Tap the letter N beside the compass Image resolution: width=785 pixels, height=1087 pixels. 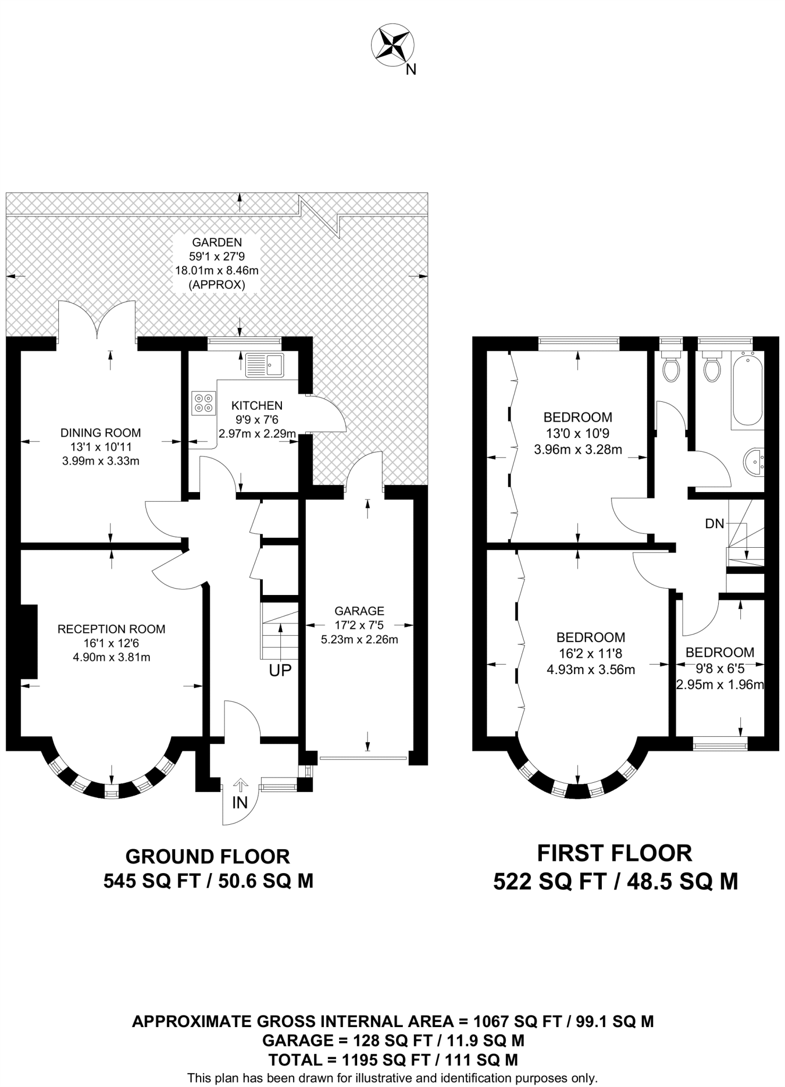411,70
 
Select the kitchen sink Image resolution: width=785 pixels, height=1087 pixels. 265,365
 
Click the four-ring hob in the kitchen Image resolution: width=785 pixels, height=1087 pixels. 204,402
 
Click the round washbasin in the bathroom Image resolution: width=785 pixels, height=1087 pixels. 754,462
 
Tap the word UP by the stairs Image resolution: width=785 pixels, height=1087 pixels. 280,670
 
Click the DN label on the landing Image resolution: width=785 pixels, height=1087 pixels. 714,524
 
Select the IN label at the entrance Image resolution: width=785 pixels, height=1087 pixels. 240,803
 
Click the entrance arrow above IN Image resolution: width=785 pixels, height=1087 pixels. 240,785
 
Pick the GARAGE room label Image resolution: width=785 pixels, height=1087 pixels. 359,611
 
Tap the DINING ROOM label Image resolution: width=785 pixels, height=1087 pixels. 101,433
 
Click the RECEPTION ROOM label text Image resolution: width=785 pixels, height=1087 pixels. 111,629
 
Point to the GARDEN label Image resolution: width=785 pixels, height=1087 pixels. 217,243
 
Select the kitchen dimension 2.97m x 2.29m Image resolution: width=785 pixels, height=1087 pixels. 257,434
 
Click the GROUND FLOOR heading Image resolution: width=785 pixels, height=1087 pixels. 208,856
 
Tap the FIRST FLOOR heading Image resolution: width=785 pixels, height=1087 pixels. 615,853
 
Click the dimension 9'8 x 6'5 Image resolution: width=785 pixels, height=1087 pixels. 720,669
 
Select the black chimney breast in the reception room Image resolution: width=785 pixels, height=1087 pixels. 29,641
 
